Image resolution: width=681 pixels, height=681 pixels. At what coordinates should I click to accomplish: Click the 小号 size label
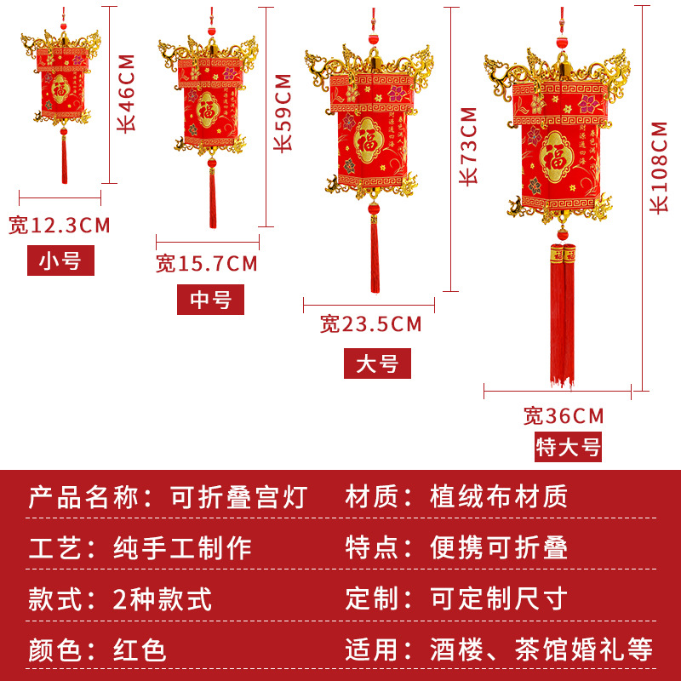coord(60,261)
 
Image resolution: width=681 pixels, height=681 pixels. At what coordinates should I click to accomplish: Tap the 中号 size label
coord(210,300)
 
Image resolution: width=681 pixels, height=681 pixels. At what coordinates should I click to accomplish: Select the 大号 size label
coord(377,363)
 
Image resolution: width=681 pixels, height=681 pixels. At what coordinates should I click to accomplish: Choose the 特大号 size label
coord(568,447)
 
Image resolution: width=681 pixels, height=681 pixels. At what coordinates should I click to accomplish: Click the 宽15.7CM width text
coord(207,264)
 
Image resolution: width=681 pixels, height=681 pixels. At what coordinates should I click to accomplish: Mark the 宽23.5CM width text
coord(371,323)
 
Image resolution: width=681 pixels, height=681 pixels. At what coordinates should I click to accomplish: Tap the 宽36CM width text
coord(564,415)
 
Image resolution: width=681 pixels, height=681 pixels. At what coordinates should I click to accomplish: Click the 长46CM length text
coord(126,91)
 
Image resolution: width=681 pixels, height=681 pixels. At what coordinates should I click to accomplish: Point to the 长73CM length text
coord(467,146)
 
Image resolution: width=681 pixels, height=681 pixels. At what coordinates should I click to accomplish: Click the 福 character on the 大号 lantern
coord(369,138)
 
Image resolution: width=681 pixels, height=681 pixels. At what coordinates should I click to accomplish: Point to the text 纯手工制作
coord(182,547)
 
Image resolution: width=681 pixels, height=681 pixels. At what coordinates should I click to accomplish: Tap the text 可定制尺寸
coord(498,598)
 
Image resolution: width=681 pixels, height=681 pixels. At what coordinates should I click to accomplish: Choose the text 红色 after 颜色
coord(140,650)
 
